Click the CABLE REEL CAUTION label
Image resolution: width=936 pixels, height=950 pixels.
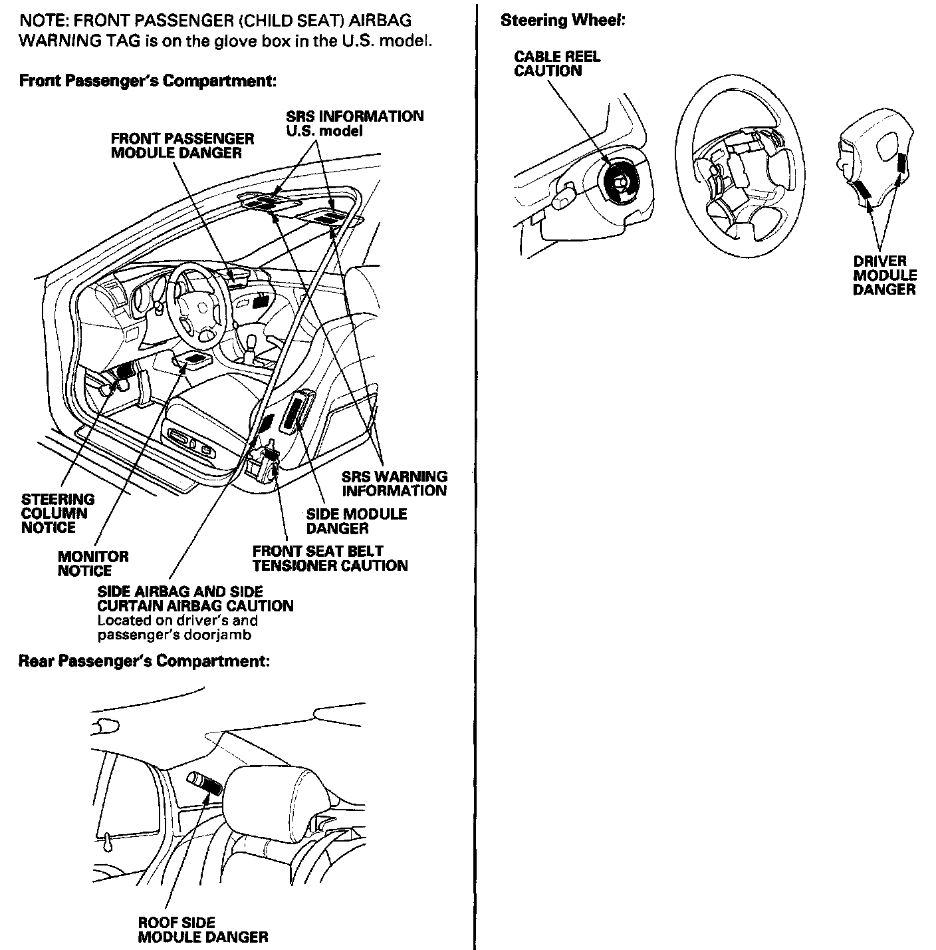(556, 64)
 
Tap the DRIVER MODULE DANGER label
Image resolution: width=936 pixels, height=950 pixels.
(884, 275)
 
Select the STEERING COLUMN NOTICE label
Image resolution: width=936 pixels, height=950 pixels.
(57, 513)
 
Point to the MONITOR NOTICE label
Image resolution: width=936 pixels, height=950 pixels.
(92, 563)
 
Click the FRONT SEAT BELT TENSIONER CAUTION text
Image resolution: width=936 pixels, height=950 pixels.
(330, 558)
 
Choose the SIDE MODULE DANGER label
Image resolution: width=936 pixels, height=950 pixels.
(356, 521)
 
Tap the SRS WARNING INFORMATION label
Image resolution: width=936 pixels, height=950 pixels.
(394, 484)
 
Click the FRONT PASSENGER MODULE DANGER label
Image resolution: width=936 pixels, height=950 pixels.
(182, 146)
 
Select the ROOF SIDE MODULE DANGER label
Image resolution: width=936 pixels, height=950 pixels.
(203, 930)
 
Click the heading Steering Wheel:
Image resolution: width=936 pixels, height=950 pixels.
(562, 21)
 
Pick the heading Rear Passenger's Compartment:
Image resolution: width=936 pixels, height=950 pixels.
(144, 661)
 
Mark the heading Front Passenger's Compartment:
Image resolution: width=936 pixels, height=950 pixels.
(148, 81)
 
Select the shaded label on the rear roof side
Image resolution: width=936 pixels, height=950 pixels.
(207, 784)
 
